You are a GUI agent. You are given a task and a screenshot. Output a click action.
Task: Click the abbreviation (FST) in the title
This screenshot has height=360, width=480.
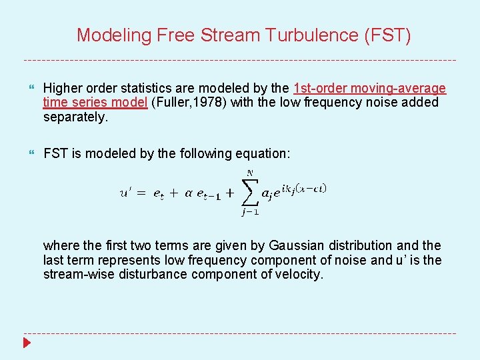click(x=387, y=35)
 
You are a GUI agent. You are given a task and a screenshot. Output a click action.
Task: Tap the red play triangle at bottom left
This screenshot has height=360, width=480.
click(x=27, y=343)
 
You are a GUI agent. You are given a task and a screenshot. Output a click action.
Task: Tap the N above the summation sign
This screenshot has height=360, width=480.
click(x=251, y=173)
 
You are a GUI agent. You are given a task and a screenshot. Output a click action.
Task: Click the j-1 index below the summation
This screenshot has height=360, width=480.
click(x=251, y=213)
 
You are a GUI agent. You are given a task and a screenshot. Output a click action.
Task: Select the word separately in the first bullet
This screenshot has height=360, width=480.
click(x=75, y=117)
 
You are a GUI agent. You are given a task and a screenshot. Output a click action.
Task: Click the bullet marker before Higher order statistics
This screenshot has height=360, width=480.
click(x=31, y=89)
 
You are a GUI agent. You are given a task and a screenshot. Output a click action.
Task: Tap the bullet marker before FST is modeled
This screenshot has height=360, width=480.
click(x=31, y=154)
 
